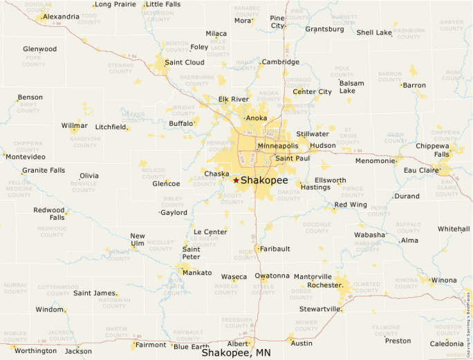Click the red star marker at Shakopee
[x=236, y=180]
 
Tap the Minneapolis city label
[x=277, y=146]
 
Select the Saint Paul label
[x=293, y=158]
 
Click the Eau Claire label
[x=422, y=170]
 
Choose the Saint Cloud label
[x=184, y=62]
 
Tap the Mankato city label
[x=197, y=273]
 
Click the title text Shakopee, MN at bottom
[x=236, y=352]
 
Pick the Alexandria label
[x=61, y=17]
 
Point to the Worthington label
[x=35, y=350]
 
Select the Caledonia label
[x=447, y=343]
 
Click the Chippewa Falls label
[x=432, y=150]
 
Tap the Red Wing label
[x=351, y=205]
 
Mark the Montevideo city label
[x=25, y=157]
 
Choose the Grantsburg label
[x=324, y=29]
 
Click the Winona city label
[x=443, y=281]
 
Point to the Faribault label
[x=275, y=249]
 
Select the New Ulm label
[x=138, y=240]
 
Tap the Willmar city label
[x=75, y=126]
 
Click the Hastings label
[x=316, y=187]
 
